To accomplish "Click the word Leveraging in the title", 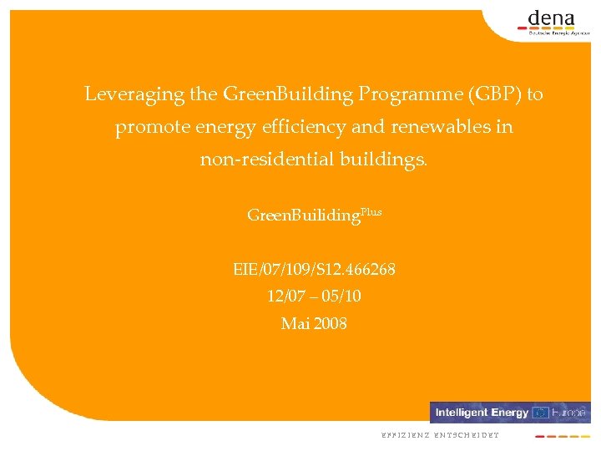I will (x=134, y=94).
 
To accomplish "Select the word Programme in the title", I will (x=402, y=94).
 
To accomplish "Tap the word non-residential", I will (x=266, y=159).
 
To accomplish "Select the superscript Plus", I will (x=371, y=211).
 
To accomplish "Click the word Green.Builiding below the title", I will (x=304, y=215).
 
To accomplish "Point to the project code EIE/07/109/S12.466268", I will (x=314, y=270).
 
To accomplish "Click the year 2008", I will (x=331, y=323).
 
